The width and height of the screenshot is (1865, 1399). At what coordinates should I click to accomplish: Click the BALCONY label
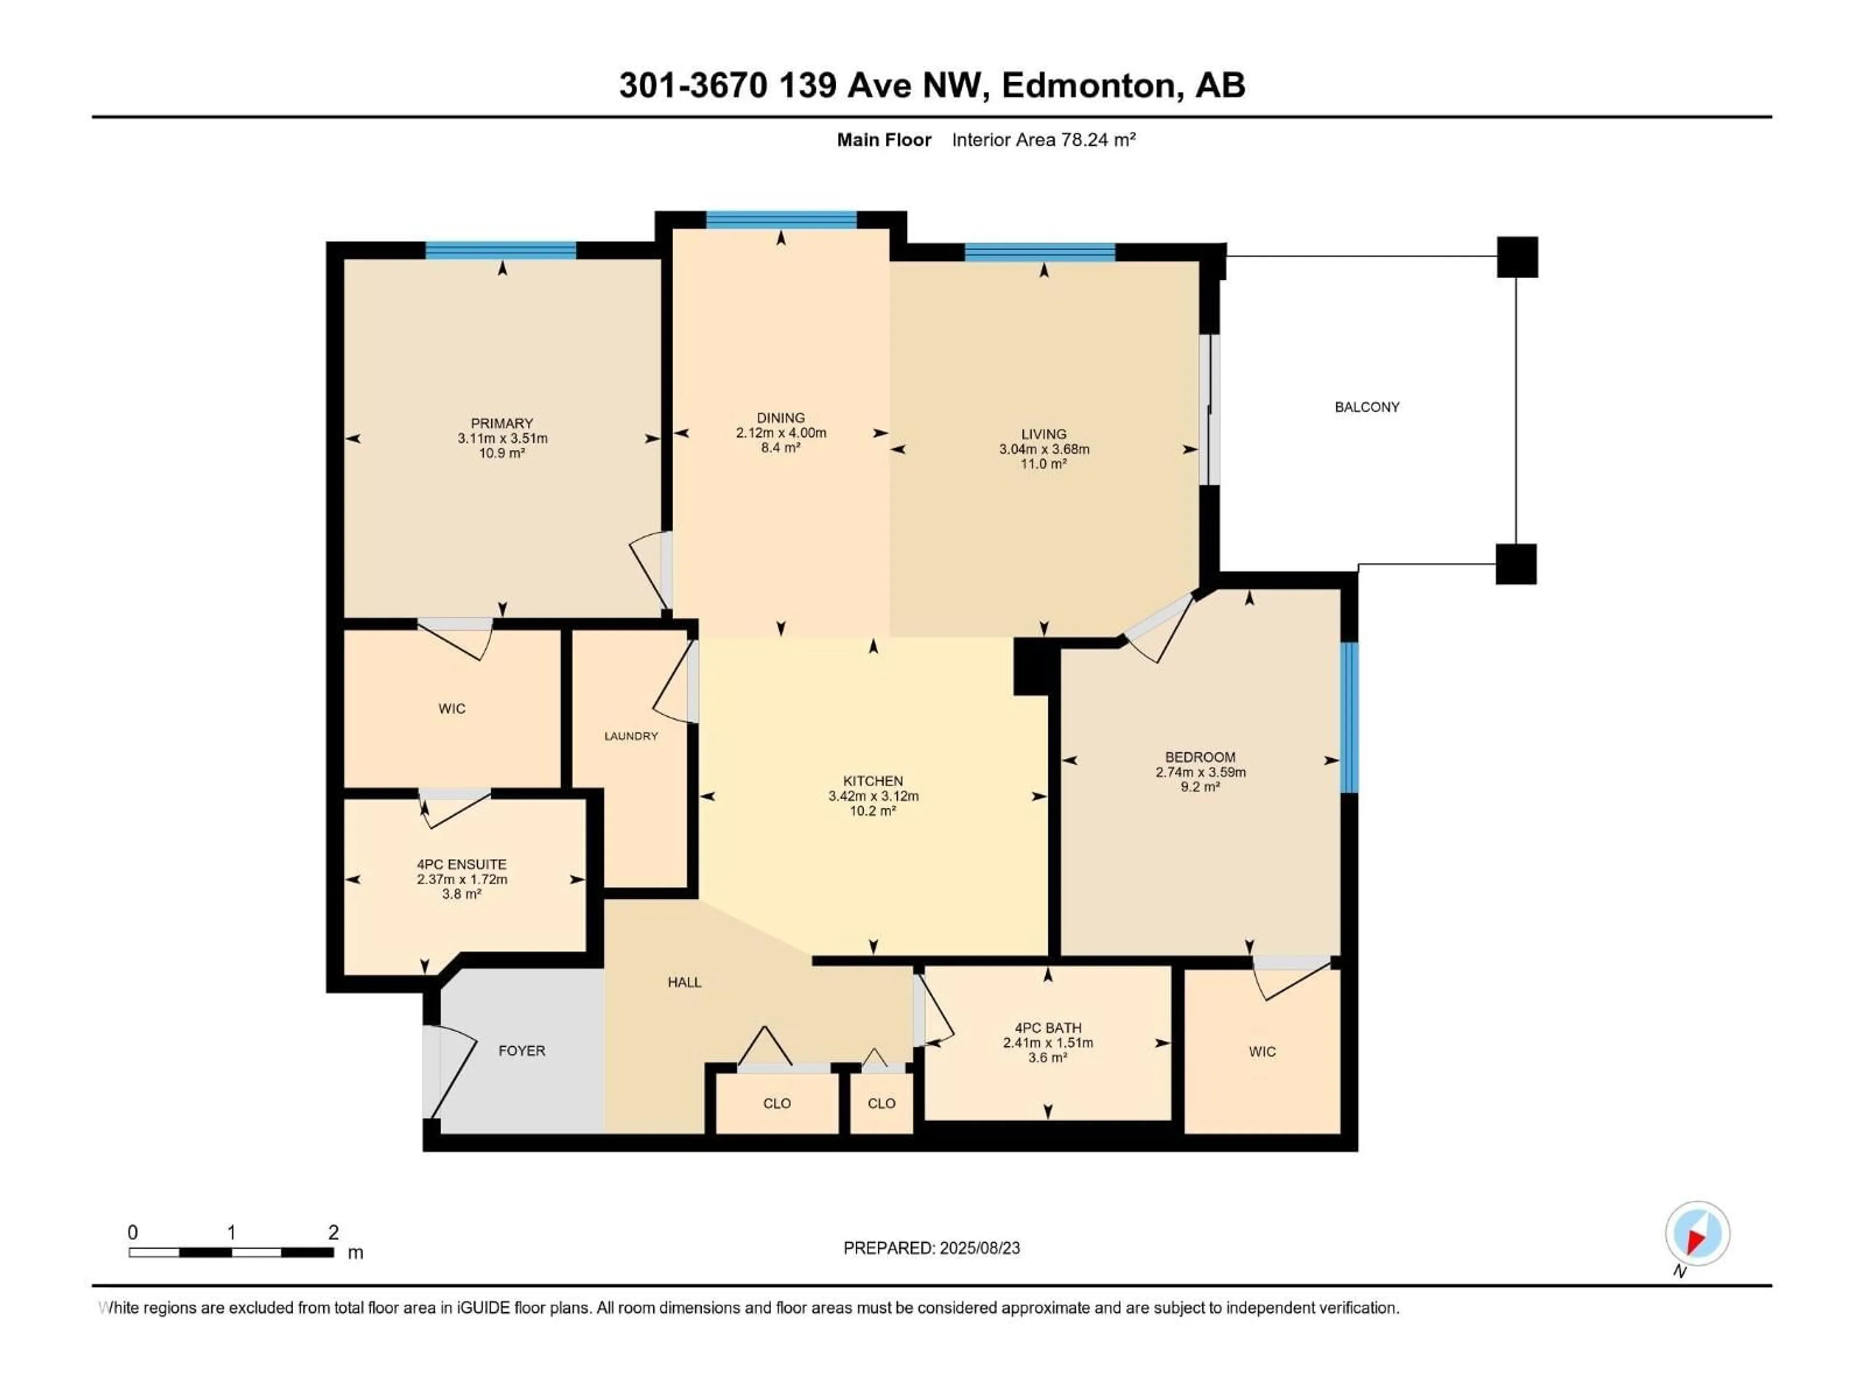(1367, 407)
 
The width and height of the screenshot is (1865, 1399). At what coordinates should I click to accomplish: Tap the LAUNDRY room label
(631, 736)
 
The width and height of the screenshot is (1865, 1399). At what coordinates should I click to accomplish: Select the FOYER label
(522, 1051)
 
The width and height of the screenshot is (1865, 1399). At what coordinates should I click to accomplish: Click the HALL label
(685, 982)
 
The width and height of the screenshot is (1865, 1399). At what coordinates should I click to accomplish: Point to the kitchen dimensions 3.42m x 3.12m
(873, 796)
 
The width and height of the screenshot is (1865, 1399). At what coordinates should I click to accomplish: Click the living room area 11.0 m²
(1044, 464)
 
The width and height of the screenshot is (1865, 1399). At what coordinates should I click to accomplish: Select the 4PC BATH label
(1048, 1028)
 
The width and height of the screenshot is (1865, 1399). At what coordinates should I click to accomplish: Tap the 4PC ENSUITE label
(461, 864)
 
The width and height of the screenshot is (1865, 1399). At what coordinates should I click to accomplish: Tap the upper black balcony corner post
(1517, 257)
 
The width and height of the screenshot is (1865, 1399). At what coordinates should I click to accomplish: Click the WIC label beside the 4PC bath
(1262, 1052)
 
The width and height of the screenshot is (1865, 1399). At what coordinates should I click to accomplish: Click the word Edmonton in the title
(1087, 85)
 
